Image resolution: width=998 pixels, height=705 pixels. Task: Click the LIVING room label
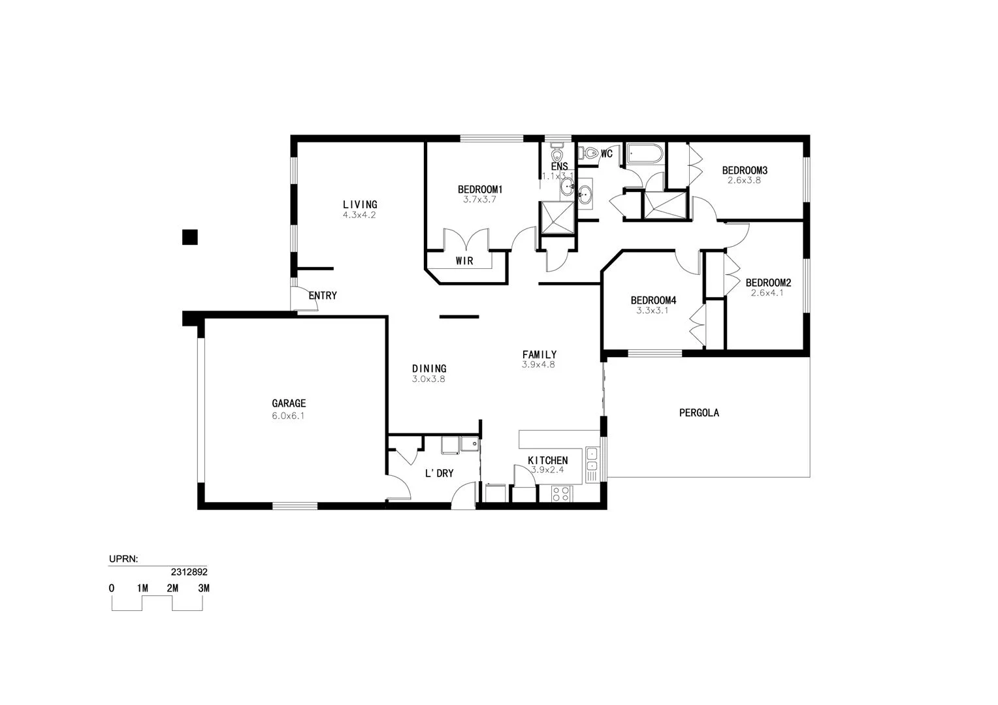click(x=360, y=204)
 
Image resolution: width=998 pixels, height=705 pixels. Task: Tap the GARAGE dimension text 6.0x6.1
click(x=288, y=415)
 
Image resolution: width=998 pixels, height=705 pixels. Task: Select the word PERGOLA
click(x=699, y=413)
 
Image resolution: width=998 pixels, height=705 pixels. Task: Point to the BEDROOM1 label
click(x=480, y=190)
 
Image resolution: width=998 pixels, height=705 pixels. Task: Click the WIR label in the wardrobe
click(x=464, y=261)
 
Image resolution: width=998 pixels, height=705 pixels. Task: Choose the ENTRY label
click(x=323, y=296)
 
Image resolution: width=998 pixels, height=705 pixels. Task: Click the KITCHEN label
click(x=547, y=460)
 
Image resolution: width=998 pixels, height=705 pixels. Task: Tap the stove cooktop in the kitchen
click(x=560, y=493)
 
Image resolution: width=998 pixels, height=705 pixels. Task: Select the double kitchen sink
click(x=592, y=459)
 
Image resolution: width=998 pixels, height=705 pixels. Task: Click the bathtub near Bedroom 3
click(x=645, y=155)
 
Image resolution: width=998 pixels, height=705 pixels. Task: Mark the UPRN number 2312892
click(x=189, y=571)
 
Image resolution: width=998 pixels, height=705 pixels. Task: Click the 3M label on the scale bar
click(x=204, y=588)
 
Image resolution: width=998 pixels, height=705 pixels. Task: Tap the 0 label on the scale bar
click(x=112, y=588)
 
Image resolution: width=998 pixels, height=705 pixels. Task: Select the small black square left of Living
click(x=189, y=237)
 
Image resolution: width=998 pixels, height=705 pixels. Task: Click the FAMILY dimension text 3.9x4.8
click(x=538, y=365)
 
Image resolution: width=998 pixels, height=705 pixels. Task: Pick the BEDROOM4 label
click(x=653, y=300)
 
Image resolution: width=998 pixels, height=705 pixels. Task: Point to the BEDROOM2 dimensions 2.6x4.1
click(x=767, y=293)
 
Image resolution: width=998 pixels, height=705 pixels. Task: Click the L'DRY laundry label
click(x=439, y=473)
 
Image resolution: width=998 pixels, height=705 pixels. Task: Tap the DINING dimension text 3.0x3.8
click(x=428, y=379)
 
